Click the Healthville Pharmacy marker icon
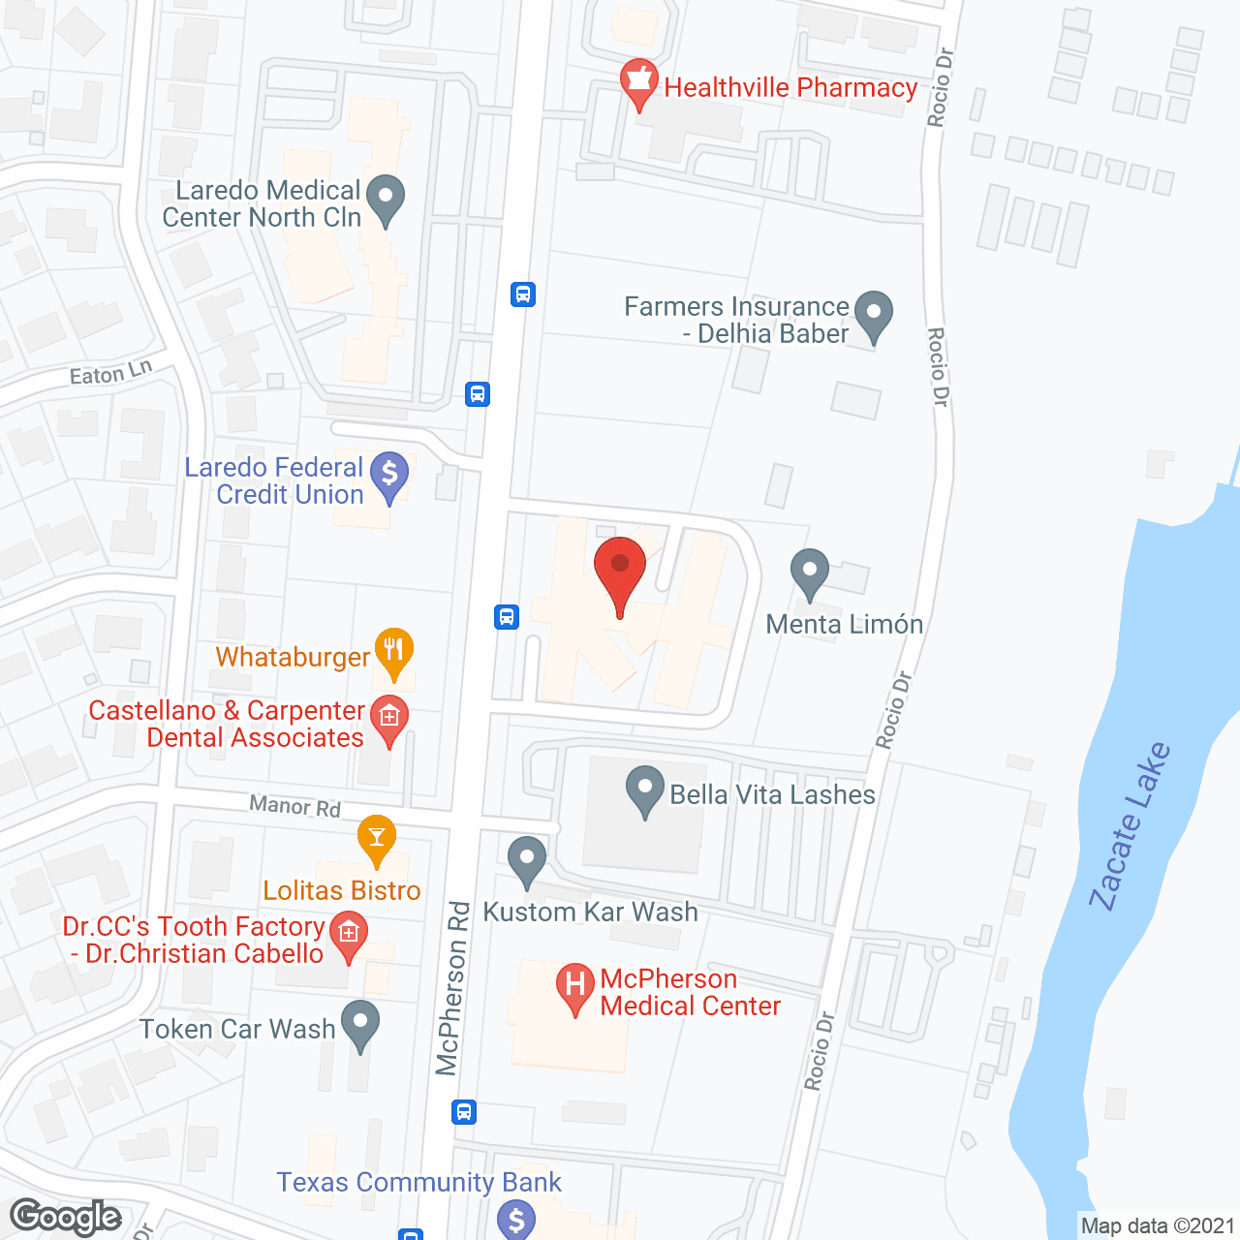coord(638,82)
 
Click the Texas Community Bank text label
coord(418,1182)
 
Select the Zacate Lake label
coord(1130,827)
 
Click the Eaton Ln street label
coord(110,373)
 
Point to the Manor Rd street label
coord(294,805)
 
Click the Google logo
coord(66,1217)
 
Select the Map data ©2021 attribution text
coord(1158,1226)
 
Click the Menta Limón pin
coord(809,573)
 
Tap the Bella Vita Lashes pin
coord(644,790)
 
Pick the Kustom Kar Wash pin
coord(527,860)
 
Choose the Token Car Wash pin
coord(360,1024)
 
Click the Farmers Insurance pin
coord(874,316)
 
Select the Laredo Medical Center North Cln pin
coord(386,198)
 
